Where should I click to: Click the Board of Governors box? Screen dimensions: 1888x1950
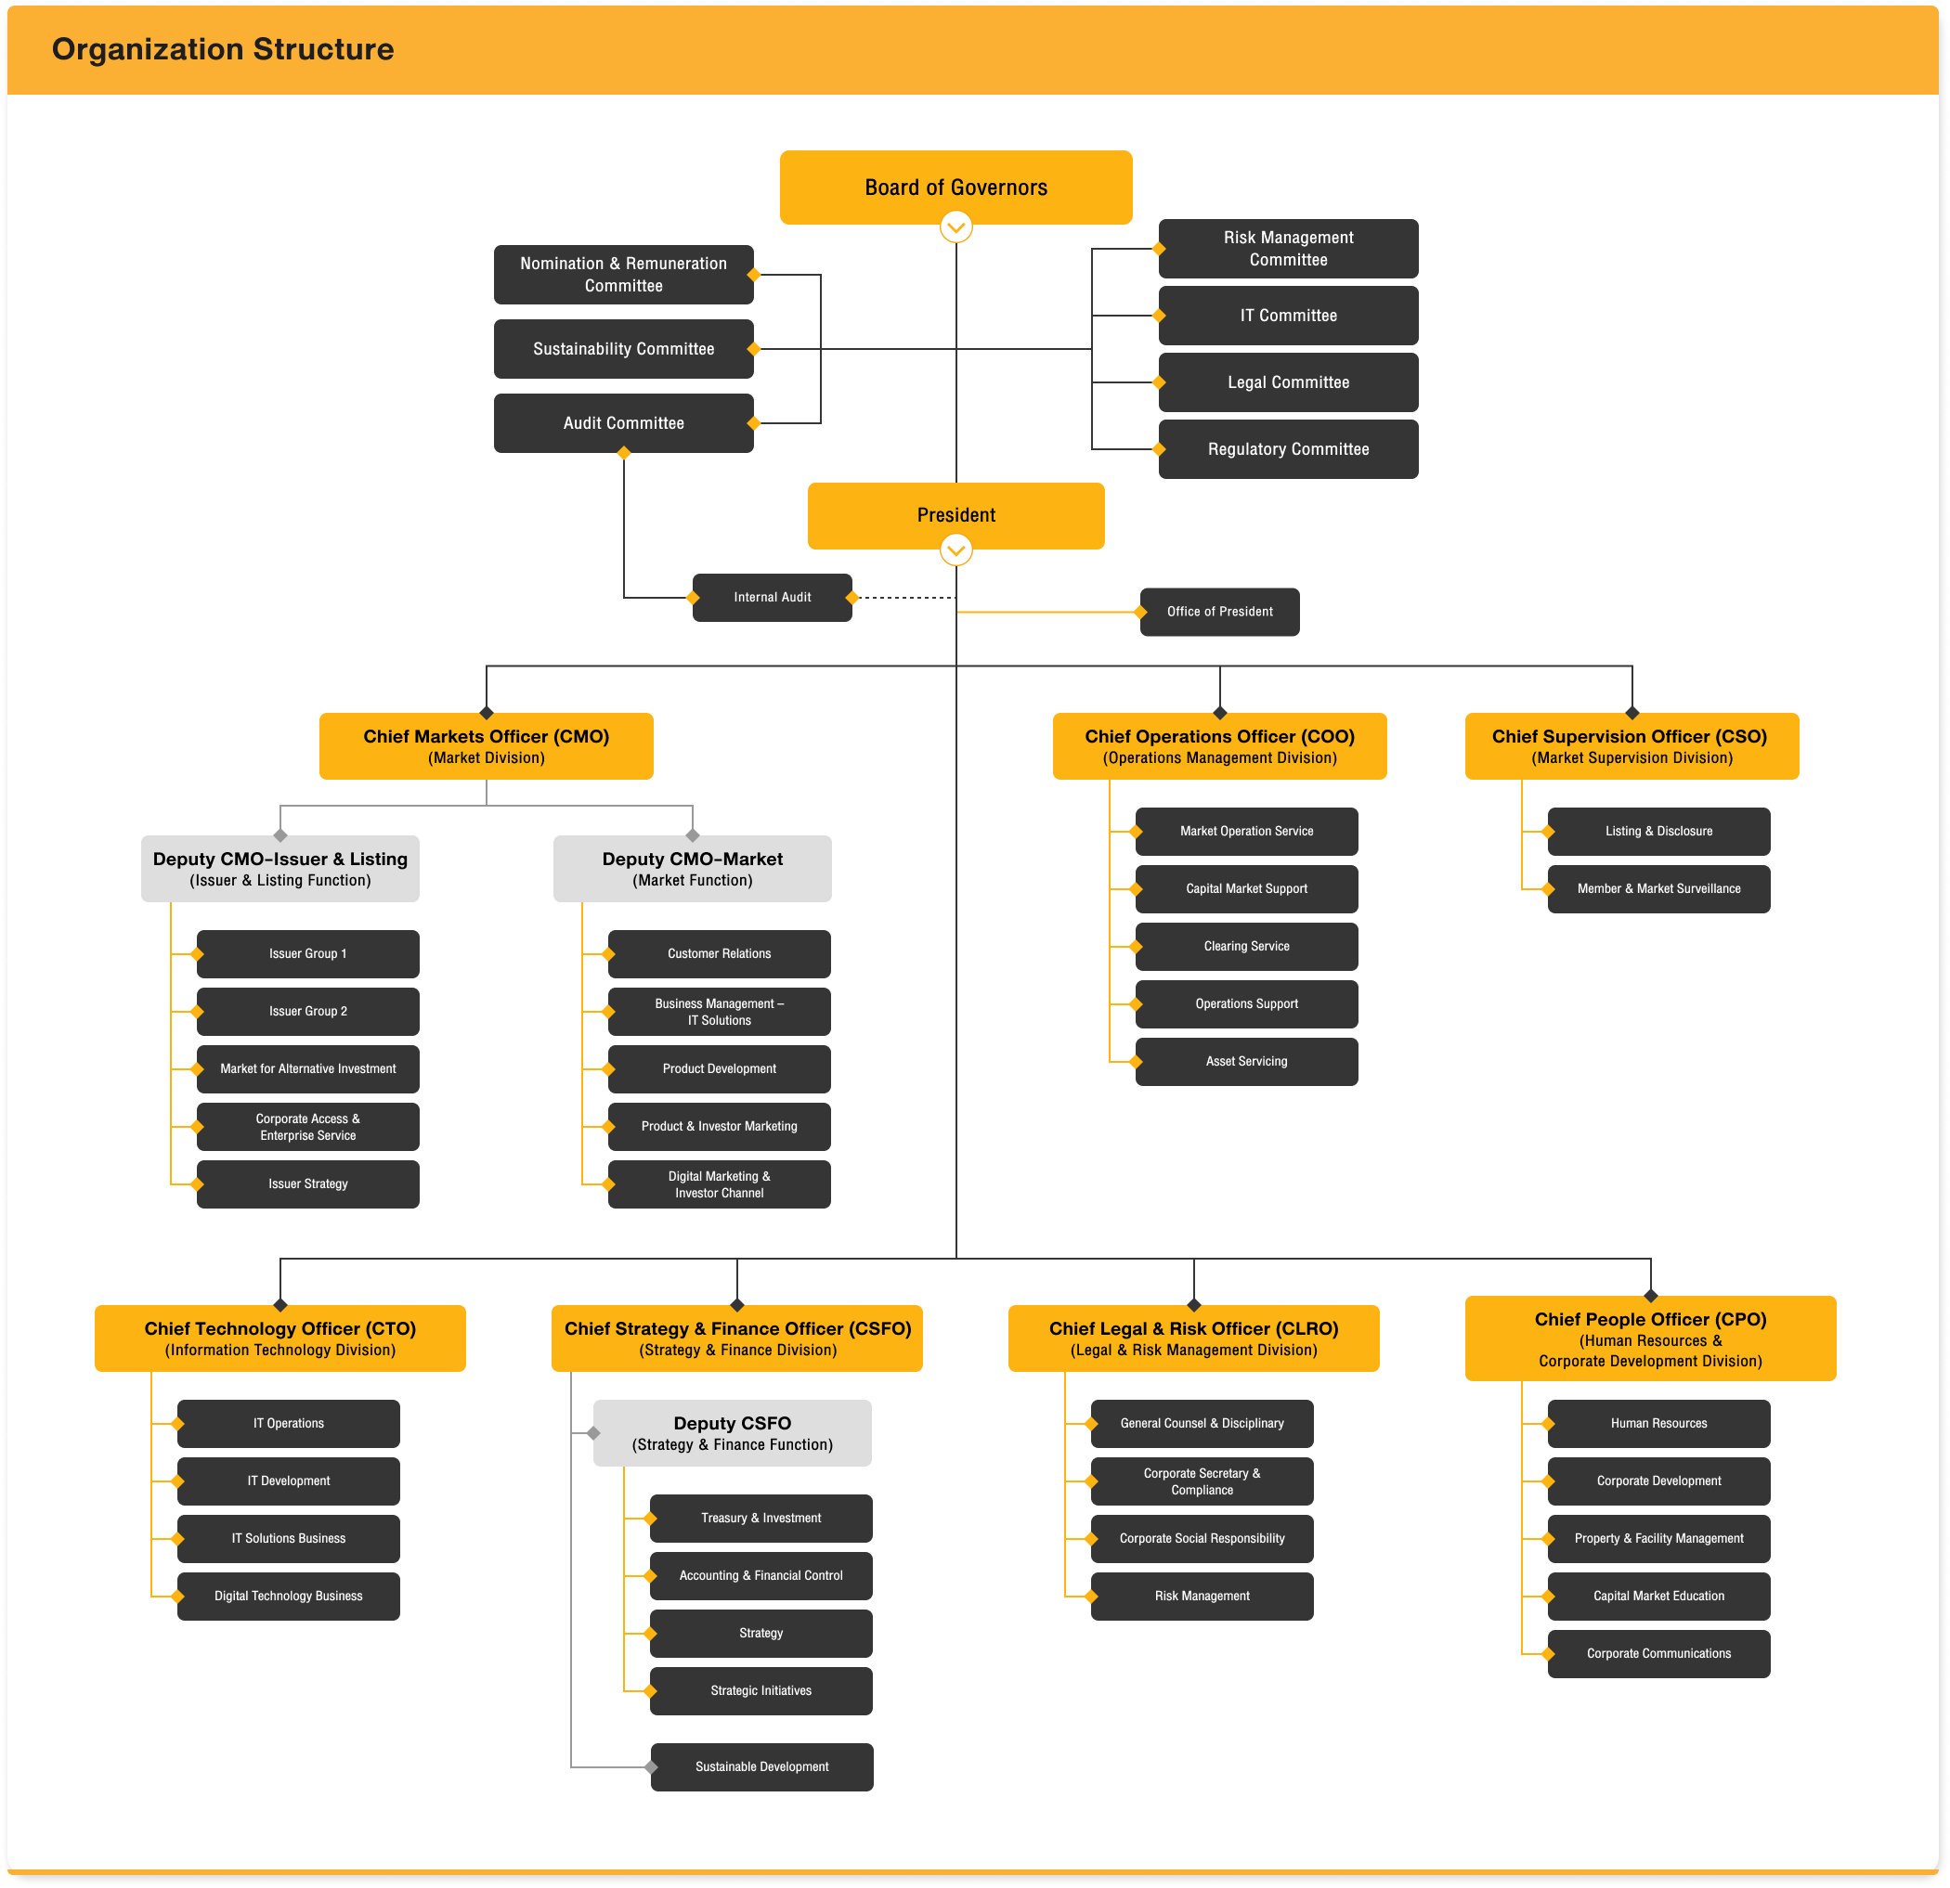click(x=955, y=186)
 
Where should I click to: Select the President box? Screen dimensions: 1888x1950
click(x=955, y=514)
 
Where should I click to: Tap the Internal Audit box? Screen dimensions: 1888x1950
click(x=772, y=597)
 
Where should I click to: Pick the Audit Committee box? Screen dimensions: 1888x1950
click(x=623, y=422)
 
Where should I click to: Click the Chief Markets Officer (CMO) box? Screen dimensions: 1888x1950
click(x=486, y=745)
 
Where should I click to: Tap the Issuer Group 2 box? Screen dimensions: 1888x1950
click(x=307, y=1011)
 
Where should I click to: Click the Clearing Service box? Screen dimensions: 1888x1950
click(x=1245, y=946)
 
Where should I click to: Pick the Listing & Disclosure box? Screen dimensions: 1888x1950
click(x=1658, y=831)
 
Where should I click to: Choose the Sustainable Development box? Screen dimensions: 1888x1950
click(x=761, y=1766)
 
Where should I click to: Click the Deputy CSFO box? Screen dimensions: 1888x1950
click(x=732, y=1432)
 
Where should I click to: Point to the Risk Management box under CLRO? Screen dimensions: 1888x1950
click(x=1201, y=1596)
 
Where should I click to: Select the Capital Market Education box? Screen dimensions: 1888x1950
click(x=1658, y=1596)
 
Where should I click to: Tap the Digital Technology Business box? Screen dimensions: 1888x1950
click(x=288, y=1596)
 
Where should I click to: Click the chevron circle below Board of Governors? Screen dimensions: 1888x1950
click(x=955, y=227)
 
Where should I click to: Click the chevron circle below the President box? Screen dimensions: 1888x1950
click(x=955, y=550)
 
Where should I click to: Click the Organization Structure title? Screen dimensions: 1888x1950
click(x=223, y=49)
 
